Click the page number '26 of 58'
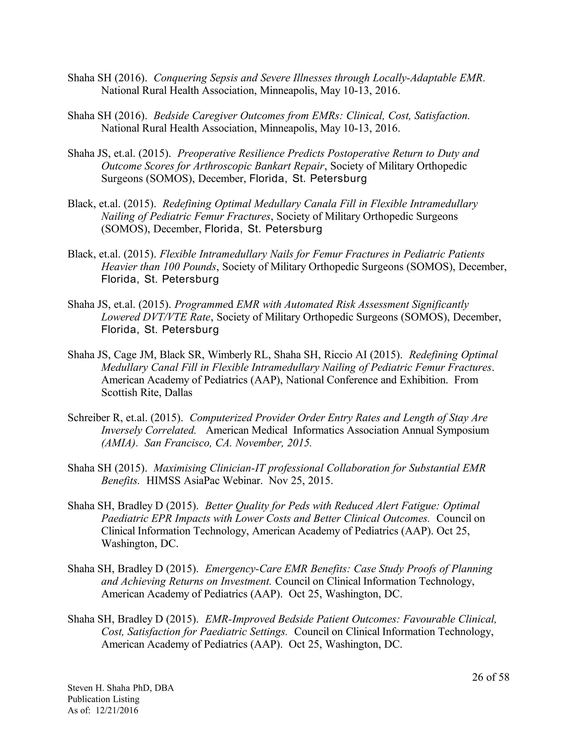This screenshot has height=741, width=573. [490, 677]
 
